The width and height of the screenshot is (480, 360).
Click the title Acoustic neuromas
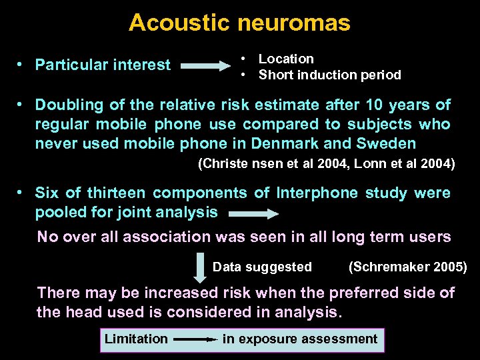coord(239,23)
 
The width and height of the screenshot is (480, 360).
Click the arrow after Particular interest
coord(205,66)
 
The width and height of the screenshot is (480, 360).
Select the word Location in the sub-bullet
coord(286,59)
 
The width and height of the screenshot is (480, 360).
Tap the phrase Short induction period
coord(329,75)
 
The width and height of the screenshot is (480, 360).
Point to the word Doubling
coord(69,105)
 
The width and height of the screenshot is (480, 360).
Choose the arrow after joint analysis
coord(253,214)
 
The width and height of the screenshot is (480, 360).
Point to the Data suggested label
coord(262,267)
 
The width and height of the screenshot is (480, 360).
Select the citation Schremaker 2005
coord(407,267)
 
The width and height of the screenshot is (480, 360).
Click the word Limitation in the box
coord(136,339)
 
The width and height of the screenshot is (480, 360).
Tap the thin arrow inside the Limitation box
coord(196,339)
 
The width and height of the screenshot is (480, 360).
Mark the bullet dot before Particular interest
coord(21,65)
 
